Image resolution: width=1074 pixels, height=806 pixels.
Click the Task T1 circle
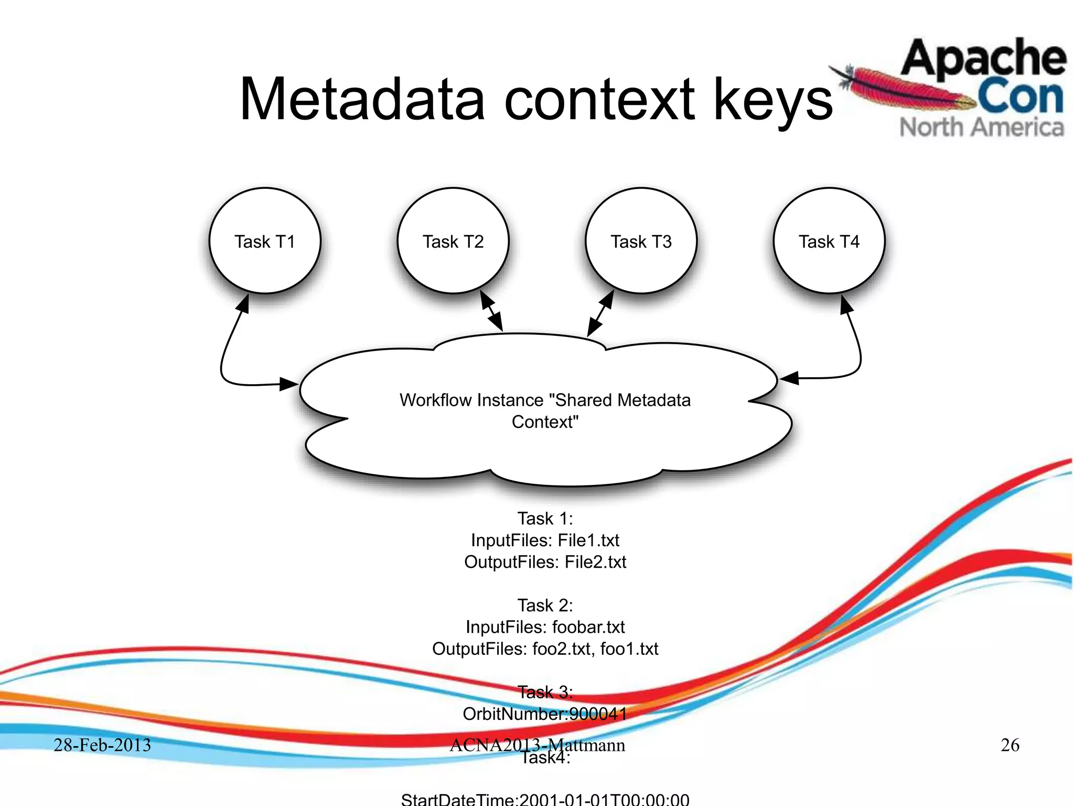[x=265, y=241]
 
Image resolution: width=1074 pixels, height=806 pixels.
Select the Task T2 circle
[x=453, y=241]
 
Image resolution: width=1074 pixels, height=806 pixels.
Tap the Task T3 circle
[x=641, y=241]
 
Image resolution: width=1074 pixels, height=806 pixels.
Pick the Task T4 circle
[x=829, y=241]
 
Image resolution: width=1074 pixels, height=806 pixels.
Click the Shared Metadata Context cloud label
[x=545, y=411]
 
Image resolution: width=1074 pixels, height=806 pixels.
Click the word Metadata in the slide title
[x=362, y=100]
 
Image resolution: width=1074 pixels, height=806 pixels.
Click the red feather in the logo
[x=902, y=89]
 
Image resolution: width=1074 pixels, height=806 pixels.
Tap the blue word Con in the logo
[x=1020, y=97]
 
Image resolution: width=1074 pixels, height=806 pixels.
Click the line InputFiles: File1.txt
[x=545, y=540]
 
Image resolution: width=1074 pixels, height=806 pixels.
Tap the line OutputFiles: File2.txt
[x=545, y=562]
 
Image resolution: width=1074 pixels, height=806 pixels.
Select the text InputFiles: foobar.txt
[x=545, y=627]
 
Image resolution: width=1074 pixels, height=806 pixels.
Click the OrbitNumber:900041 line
[x=545, y=714]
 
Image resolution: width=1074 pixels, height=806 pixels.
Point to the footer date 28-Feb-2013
[x=102, y=745]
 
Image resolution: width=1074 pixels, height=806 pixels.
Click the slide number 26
[x=1009, y=745]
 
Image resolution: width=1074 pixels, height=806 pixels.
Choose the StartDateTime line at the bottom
[x=545, y=799]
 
